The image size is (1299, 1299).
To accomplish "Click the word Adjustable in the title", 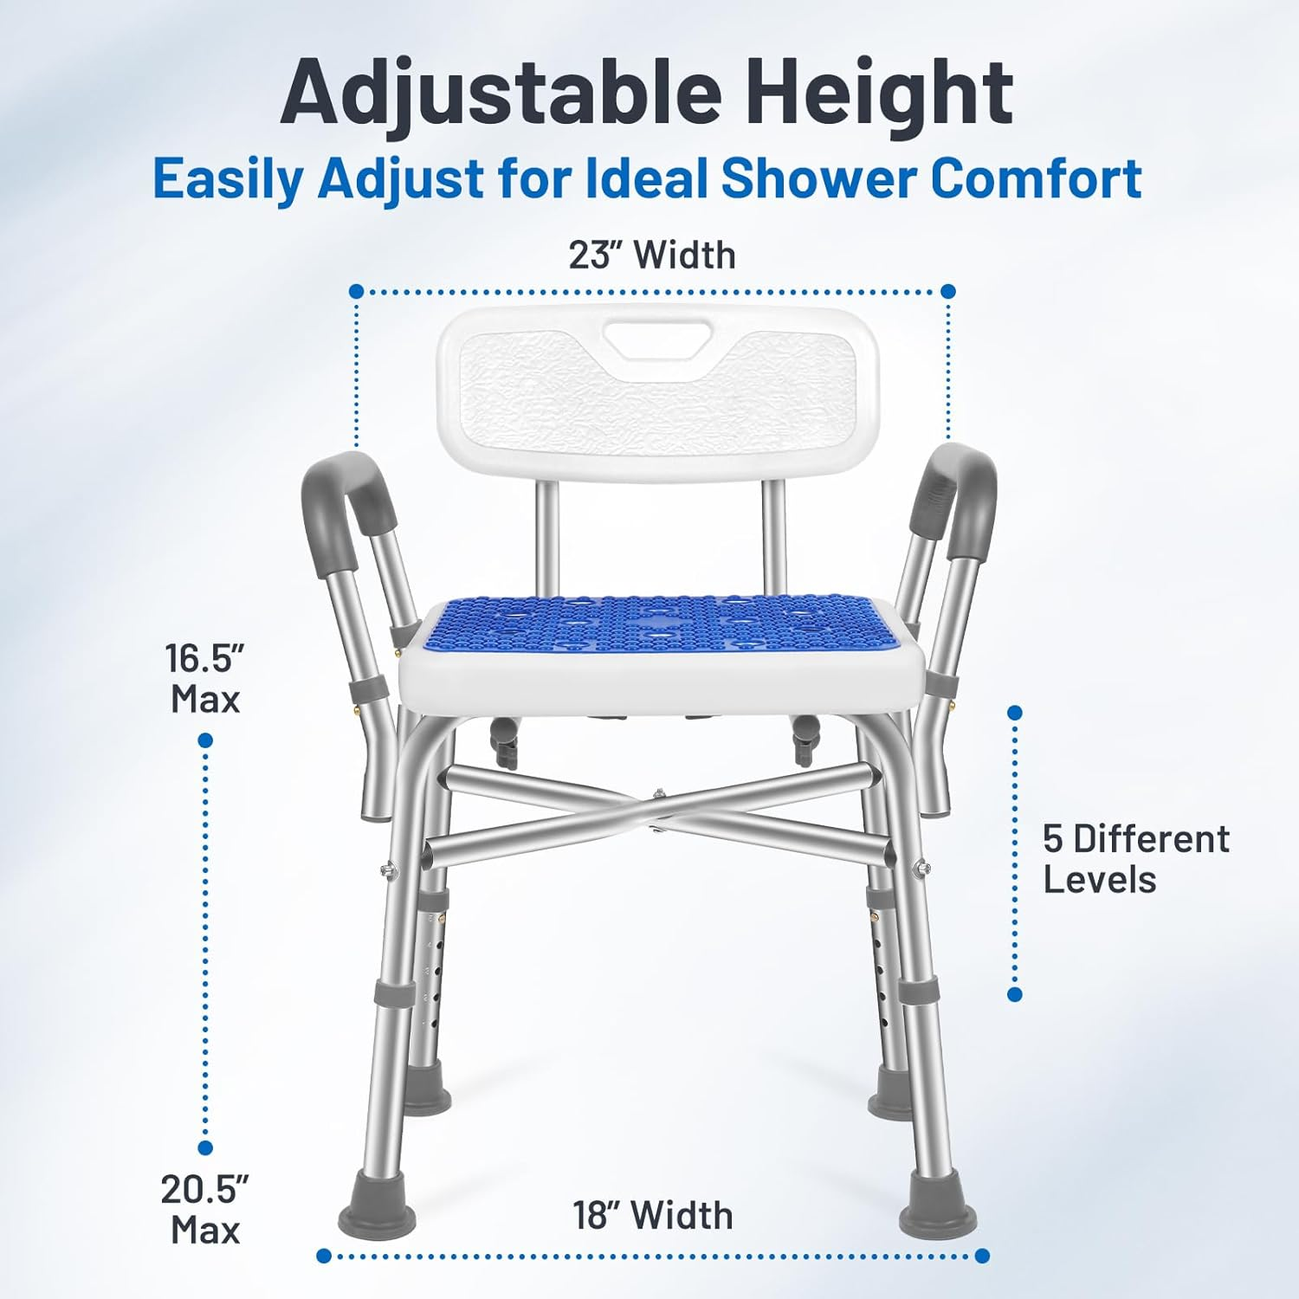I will pos(500,92).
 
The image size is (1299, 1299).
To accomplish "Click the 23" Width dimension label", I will pos(651,255).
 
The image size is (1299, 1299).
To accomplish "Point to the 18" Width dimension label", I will pos(652,1215).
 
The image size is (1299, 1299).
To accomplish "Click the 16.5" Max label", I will pos(204,678).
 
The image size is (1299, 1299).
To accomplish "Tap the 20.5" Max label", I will pos(204,1209).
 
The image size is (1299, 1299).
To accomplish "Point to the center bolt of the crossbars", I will pos(659,795).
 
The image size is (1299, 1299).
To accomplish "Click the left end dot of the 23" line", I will pos(356,291).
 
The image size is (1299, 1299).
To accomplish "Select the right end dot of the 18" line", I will pos(982,1256).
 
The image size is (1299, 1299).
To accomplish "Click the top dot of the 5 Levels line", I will pos(1015,712).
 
